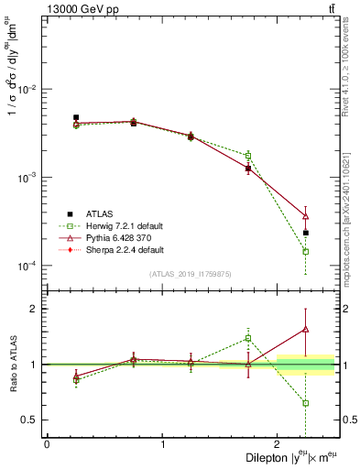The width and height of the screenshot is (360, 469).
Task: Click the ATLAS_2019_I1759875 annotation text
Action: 191,273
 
